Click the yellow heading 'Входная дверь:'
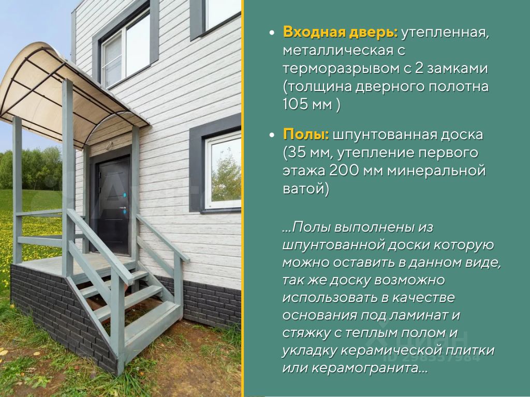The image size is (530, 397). (341, 33)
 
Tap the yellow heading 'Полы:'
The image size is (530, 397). (306, 134)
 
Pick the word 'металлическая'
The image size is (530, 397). (338, 51)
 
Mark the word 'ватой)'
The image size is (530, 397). (306, 188)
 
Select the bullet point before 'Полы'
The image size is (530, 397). (271, 135)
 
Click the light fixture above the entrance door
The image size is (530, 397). (109, 146)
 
